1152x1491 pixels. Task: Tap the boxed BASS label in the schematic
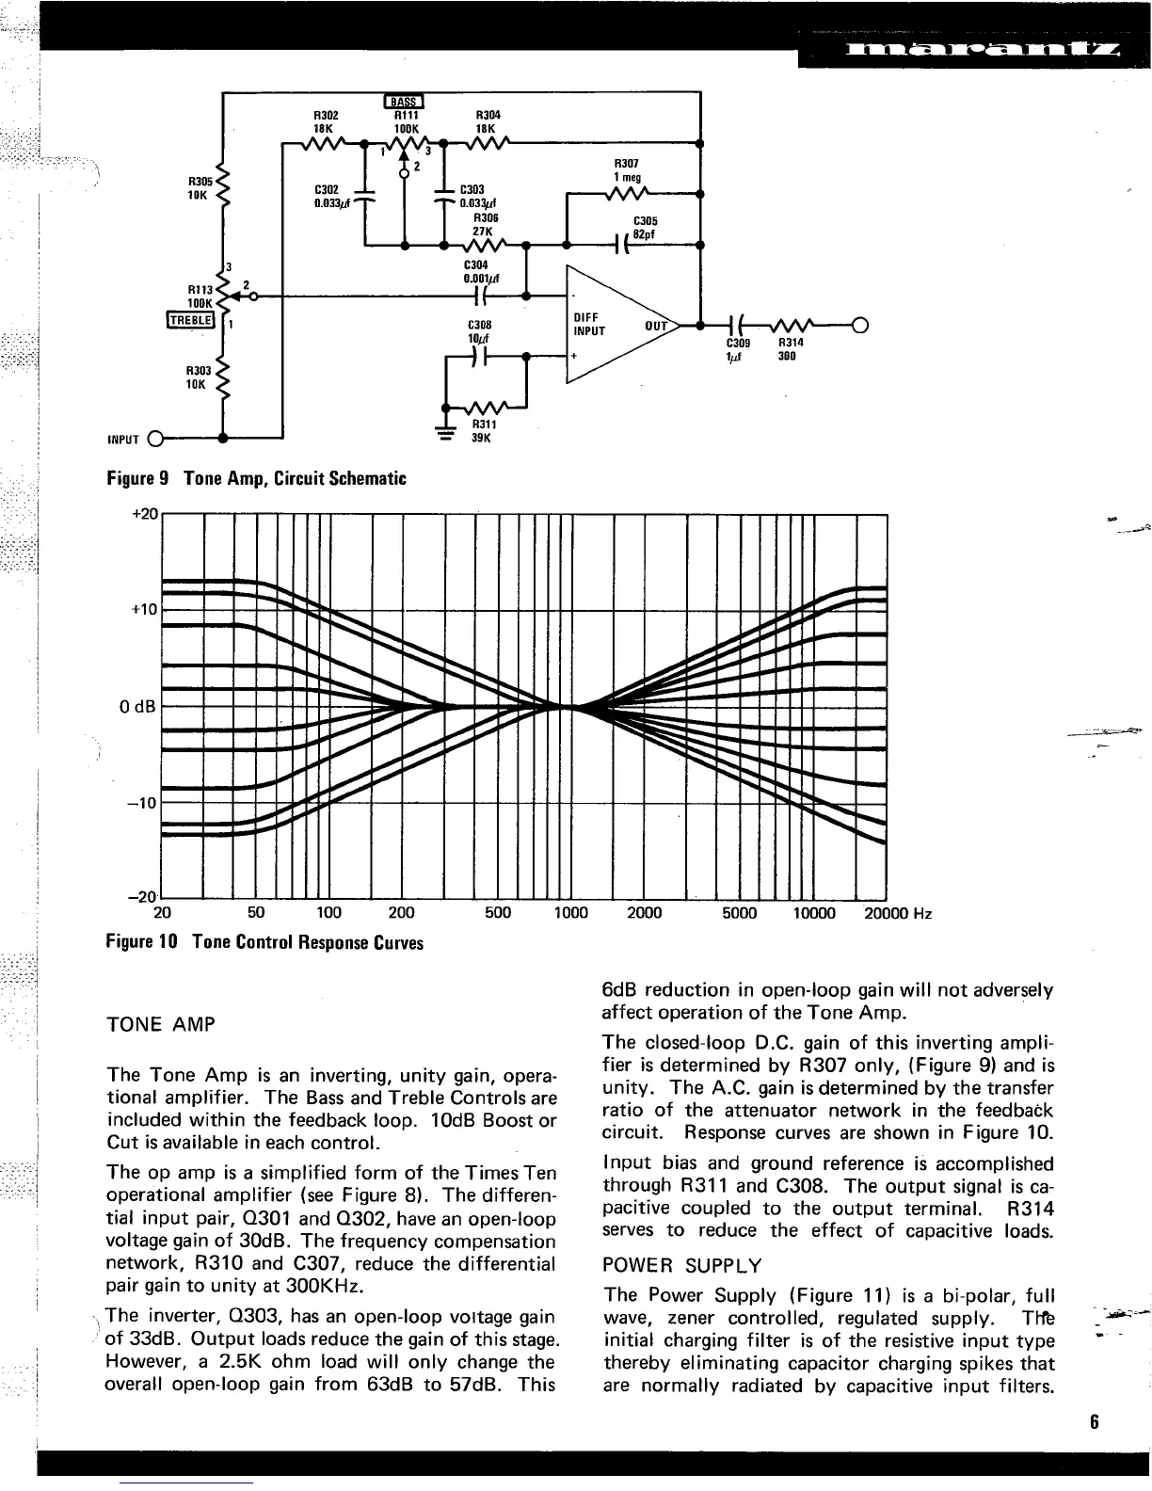(x=405, y=102)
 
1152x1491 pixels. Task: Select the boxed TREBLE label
(x=191, y=320)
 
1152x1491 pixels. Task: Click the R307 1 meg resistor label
(x=627, y=170)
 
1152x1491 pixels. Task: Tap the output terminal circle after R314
(x=858, y=327)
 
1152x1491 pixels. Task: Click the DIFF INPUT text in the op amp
(x=589, y=324)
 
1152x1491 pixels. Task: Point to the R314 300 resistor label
(x=788, y=349)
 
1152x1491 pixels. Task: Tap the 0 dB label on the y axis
(x=142, y=706)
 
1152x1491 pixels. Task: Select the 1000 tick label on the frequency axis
(x=569, y=912)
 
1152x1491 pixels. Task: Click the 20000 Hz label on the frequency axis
(x=897, y=912)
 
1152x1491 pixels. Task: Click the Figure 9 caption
(x=256, y=478)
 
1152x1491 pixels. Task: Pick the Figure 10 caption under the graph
(x=264, y=942)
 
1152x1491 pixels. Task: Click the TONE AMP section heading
(x=161, y=1024)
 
